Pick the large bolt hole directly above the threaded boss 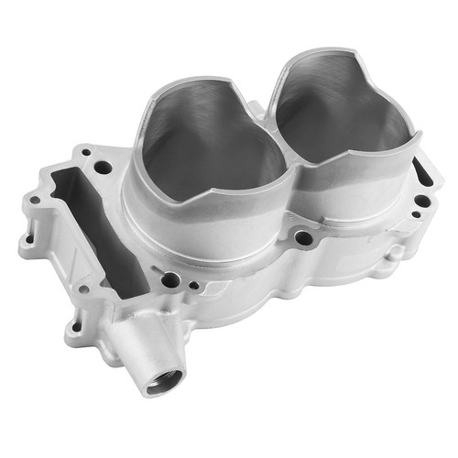tap(170, 279)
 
